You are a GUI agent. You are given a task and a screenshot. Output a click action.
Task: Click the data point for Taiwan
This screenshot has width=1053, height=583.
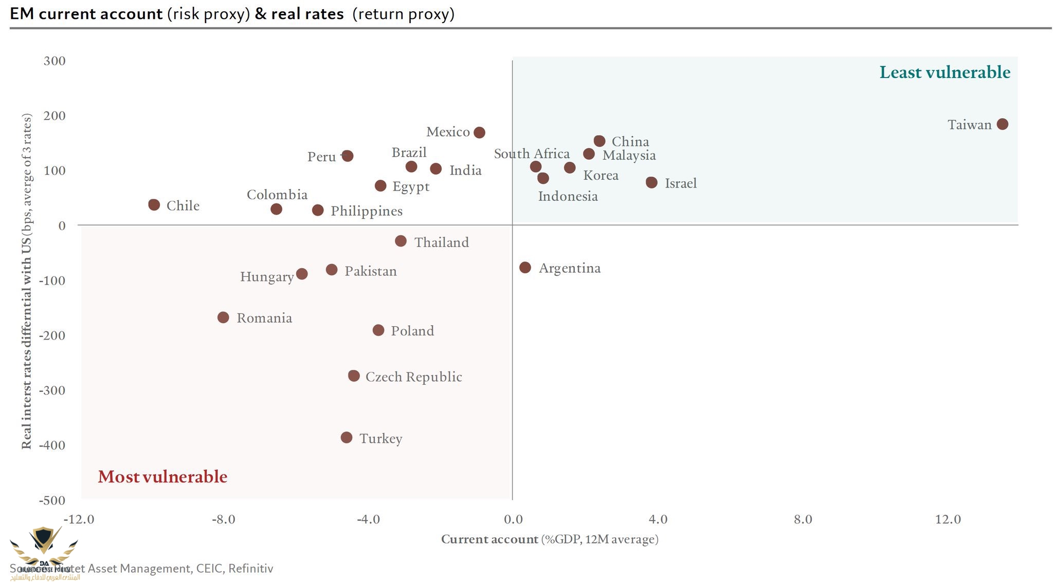coord(1002,124)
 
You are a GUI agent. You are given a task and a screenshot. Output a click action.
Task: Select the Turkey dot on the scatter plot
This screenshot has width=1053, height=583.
coord(347,438)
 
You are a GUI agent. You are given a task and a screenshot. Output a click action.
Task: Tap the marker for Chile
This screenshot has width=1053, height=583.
coord(154,205)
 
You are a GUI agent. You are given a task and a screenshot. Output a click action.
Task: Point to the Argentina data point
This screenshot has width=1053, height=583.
coord(525,268)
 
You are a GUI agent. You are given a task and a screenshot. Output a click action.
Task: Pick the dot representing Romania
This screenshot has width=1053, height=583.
coord(223,317)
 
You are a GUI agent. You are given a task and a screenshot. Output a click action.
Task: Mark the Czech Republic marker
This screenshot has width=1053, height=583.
coord(354,376)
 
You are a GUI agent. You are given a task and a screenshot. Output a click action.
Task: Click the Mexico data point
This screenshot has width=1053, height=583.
coord(479,133)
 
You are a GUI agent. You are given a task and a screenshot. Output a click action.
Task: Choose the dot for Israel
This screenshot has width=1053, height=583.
coord(651,182)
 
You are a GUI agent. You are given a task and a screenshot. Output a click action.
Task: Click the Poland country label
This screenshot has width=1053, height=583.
coord(412,331)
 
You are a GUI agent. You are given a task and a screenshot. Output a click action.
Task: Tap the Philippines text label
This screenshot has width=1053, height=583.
coord(367,211)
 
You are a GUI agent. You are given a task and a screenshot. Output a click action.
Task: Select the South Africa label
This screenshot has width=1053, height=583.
coord(532,154)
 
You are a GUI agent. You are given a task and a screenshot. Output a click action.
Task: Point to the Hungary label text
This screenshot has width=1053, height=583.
coord(267,277)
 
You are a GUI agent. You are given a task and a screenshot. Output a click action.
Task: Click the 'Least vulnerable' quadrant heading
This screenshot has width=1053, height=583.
coord(945,72)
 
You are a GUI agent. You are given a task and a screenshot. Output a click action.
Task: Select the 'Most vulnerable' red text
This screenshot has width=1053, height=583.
coord(162,477)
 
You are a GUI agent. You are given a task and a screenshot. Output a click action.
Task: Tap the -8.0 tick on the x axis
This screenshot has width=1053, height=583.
coord(223,519)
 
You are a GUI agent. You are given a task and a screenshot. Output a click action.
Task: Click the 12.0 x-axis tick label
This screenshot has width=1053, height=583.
coord(948,519)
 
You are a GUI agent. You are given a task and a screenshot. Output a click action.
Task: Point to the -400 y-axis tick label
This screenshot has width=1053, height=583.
coord(52,445)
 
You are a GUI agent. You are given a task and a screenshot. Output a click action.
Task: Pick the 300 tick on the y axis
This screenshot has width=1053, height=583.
coord(55,61)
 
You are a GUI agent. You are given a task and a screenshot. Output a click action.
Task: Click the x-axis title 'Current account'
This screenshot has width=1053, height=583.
coord(489,539)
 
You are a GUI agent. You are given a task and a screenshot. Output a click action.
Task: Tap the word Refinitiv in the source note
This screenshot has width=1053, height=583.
coord(250,569)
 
